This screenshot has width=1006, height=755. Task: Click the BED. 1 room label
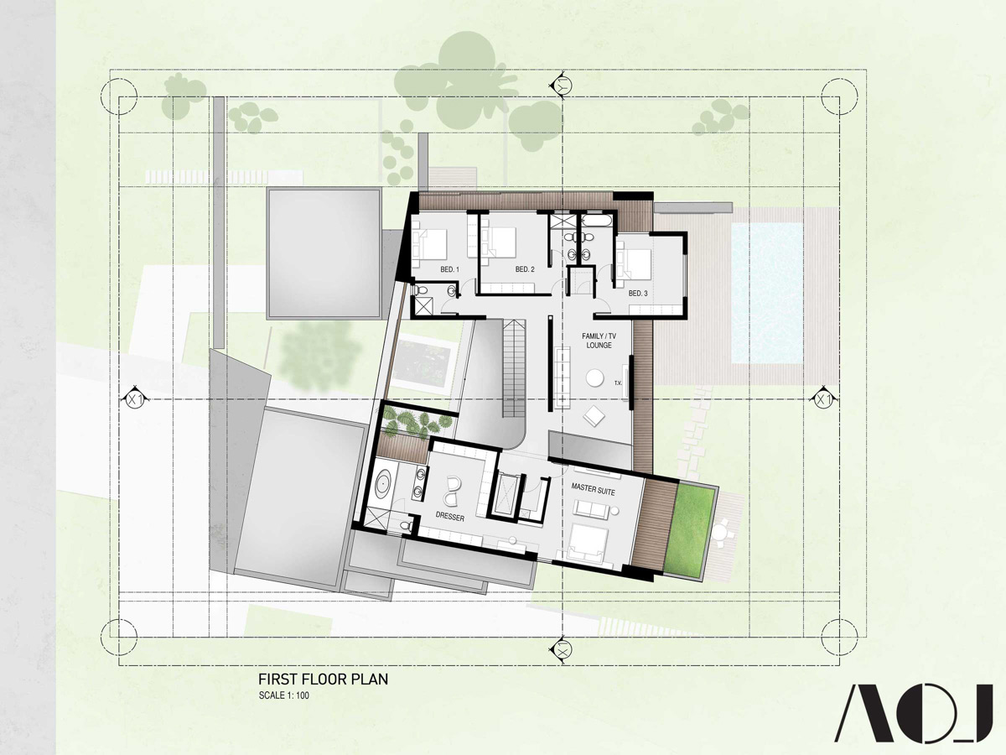(449, 269)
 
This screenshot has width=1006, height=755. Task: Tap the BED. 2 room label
(525, 269)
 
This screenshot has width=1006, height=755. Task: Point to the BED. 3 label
(638, 294)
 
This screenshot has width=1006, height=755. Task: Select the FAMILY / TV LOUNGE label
(599, 341)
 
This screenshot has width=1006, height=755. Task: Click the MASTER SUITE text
(593, 489)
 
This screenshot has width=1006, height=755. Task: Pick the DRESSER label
(449, 517)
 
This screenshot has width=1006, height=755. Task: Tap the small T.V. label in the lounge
(618, 383)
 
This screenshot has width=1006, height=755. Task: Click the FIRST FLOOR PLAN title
(323, 679)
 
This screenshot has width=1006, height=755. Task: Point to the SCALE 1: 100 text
(283, 695)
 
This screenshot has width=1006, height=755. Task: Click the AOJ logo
(914, 713)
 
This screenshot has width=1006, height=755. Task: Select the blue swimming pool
(766, 294)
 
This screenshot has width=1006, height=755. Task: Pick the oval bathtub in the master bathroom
(381, 484)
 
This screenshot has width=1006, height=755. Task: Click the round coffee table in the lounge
(595, 378)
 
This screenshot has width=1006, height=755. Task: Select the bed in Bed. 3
(635, 264)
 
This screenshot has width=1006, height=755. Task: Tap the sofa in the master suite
(592, 510)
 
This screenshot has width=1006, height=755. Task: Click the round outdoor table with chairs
(723, 533)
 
